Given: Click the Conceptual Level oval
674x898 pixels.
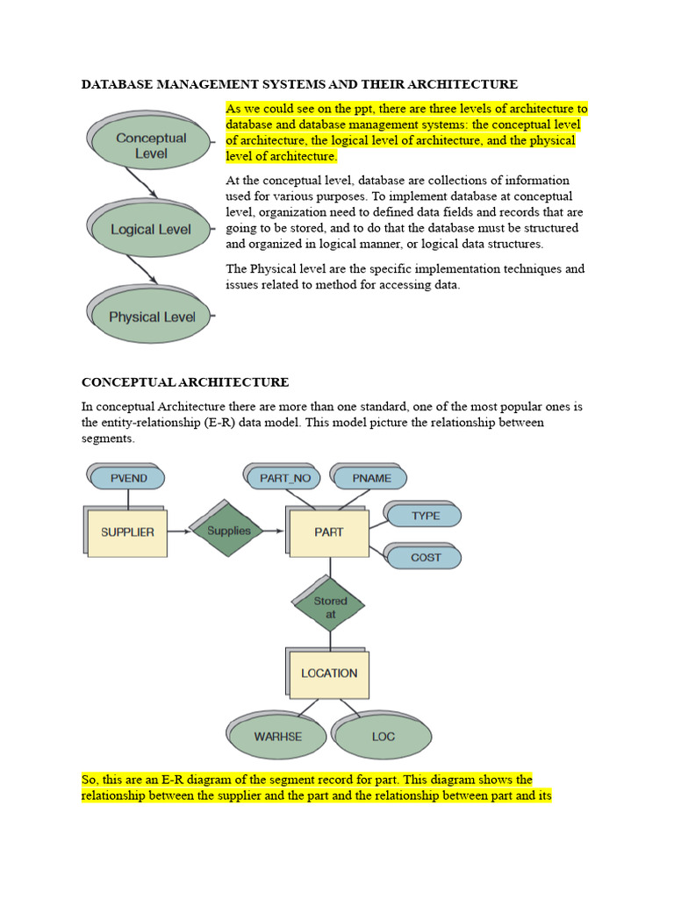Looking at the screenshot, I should [151, 146].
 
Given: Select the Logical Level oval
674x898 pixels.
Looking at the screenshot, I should [151, 230].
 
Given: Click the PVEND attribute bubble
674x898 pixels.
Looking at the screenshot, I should [129, 478].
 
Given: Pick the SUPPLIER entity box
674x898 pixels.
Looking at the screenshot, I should [127, 532].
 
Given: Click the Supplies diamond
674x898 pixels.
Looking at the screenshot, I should [229, 531].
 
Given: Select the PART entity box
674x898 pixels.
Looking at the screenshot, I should [329, 532].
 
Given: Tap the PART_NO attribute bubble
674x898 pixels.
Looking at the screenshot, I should [285, 478].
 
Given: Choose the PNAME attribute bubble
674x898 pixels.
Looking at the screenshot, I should [372, 478].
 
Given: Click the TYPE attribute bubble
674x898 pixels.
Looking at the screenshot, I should [426, 516].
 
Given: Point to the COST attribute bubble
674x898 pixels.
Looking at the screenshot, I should [426, 558].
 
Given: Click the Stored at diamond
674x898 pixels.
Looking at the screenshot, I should [330, 608].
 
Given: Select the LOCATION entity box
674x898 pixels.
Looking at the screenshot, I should [329, 673].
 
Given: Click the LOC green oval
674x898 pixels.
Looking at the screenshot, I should [384, 737].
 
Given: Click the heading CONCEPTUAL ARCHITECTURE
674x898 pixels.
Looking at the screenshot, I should [185, 382].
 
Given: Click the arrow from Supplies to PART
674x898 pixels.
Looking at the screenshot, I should [273, 531].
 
